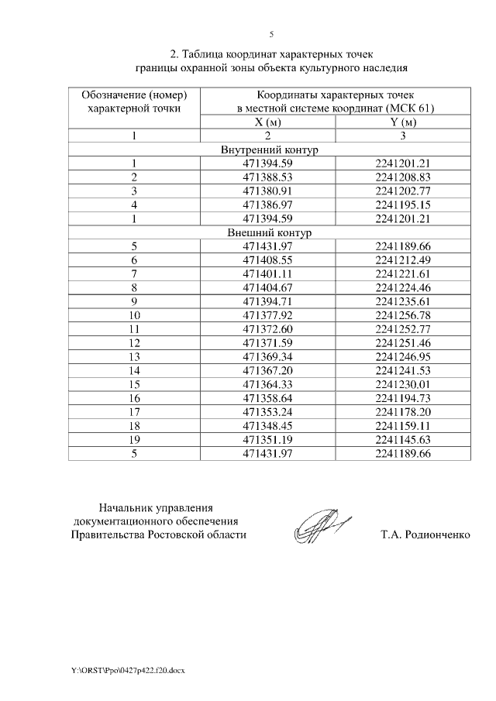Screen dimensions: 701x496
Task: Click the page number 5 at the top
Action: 270,33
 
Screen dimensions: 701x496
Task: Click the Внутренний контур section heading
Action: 270,149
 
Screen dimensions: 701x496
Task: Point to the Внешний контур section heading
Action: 270,232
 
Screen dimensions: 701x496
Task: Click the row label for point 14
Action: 134,370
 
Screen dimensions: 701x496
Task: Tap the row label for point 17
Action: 134,411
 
